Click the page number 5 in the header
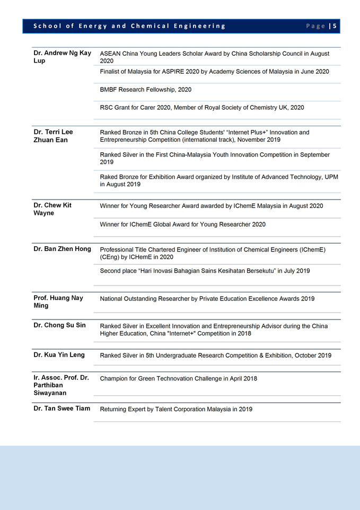coord(335,26)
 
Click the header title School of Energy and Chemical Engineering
coord(129,26)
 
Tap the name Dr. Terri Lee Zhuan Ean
coord(53,136)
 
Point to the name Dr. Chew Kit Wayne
coord(52,209)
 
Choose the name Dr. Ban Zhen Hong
coord(62,249)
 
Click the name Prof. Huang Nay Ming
coord(58,302)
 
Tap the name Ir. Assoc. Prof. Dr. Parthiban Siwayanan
coord(61,385)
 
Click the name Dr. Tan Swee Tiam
coord(62,409)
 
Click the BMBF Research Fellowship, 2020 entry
coord(146,90)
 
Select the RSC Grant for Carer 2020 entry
coord(202,107)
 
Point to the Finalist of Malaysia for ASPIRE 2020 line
coord(214,72)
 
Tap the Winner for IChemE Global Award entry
coord(182,224)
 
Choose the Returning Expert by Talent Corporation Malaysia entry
coord(176,409)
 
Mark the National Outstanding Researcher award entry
coord(207,299)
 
